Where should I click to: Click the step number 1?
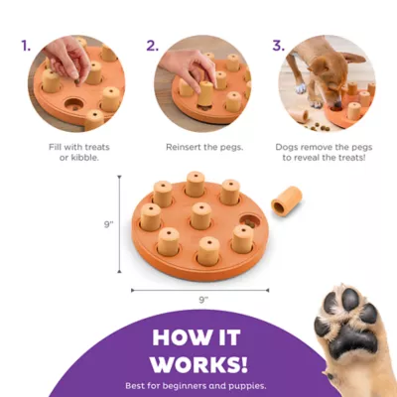click(27, 46)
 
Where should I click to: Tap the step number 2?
click(153, 46)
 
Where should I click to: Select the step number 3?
click(280, 46)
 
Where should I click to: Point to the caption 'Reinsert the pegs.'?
click(198, 147)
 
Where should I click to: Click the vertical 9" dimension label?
click(108, 225)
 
